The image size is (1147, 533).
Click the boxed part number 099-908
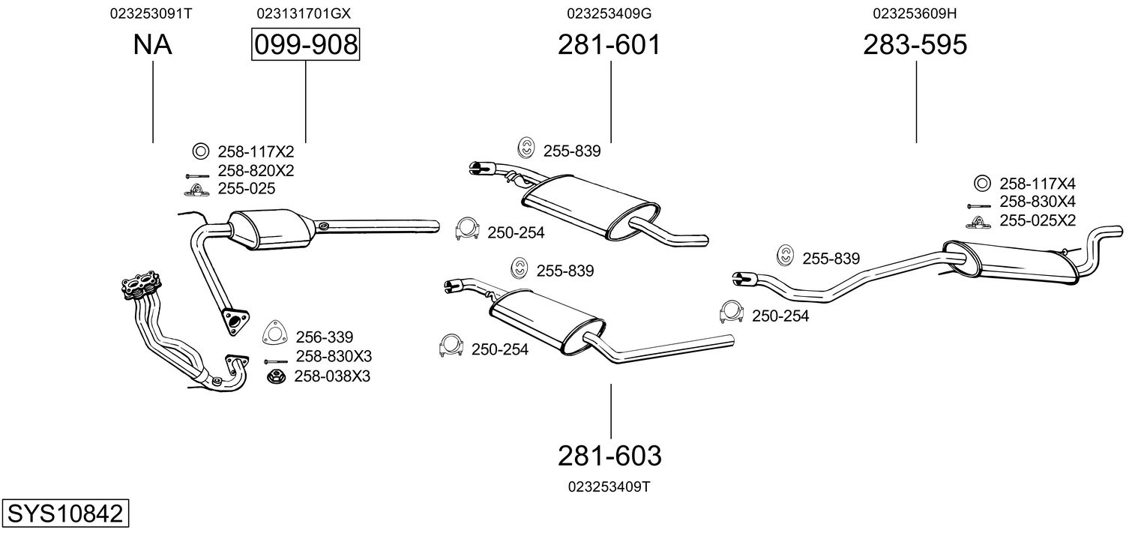(305, 45)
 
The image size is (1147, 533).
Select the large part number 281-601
(609, 45)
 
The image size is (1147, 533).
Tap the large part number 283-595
(915, 45)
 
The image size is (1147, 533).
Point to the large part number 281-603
(609, 455)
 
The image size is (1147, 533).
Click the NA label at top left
(153, 45)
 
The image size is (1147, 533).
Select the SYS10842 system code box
(64, 514)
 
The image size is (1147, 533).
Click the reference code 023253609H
(915, 13)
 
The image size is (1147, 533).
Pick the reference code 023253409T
(609, 487)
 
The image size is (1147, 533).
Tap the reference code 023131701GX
(304, 13)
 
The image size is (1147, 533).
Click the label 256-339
(324, 337)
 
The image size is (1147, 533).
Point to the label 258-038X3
(332, 376)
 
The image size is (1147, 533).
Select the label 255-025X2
(1038, 220)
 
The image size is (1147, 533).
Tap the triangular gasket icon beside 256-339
(275, 335)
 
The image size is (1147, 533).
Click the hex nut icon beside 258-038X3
(275, 376)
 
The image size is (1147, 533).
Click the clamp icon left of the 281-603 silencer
(451, 347)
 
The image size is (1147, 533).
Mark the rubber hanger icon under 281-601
(527, 149)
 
